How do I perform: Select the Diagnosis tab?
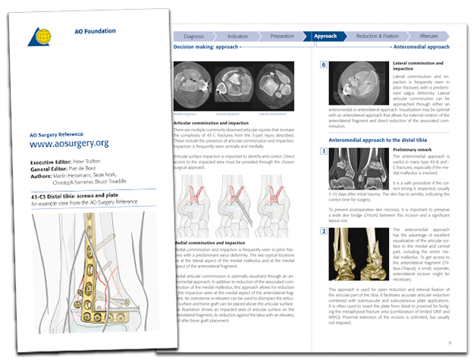click(193, 36)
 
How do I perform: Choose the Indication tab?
click(237, 36)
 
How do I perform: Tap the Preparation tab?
click(281, 36)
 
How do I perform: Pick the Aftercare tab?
click(428, 36)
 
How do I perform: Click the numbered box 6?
click(324, 66)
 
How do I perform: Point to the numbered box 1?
click(324, 152)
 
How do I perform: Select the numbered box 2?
click(324, 230)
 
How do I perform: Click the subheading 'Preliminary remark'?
click(414, 150)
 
